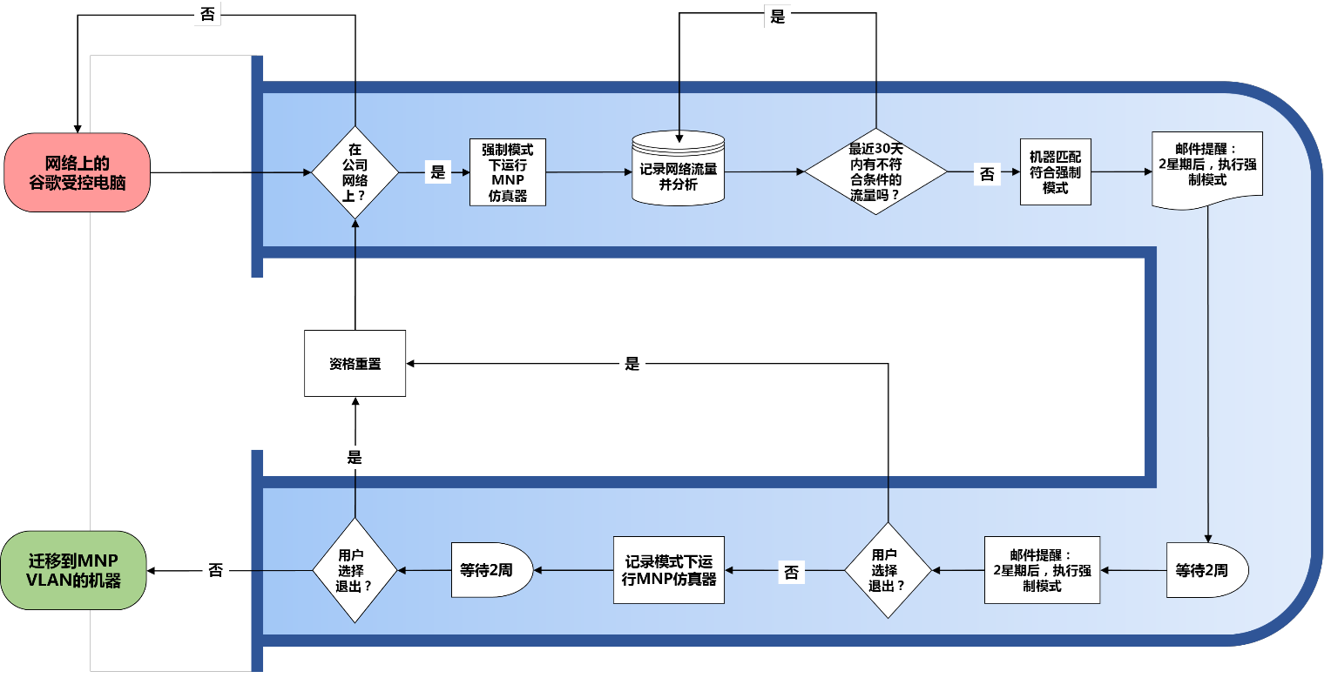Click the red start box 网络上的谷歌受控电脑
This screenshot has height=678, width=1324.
(78, 172)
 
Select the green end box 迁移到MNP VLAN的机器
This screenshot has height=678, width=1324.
(73, 571)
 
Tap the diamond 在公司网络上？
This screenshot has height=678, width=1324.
(355, 172)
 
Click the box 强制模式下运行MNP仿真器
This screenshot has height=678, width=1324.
(508, 172)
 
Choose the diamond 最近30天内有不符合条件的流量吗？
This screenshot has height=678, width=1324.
(876, 171)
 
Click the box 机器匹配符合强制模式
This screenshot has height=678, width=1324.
(1056, 171)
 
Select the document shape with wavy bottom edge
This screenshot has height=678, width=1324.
(1207, 170)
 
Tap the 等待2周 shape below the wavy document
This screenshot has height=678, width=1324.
(1207, 571)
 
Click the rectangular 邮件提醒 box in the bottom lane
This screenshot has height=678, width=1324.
(1042, 571)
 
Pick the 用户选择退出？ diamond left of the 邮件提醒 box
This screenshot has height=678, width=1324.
(888, 571)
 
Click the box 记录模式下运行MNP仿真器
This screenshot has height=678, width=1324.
(669, 571)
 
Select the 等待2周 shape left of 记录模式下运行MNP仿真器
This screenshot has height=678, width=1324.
(492, 571)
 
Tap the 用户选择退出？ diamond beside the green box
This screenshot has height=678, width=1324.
(355, 571)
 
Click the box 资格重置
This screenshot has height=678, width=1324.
(355, 363)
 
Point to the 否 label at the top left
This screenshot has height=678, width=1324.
(207, 14)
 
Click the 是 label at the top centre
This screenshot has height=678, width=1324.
(778, 16)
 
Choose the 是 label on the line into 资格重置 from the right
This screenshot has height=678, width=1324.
(632, 363)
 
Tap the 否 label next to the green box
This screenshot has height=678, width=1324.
(216, 570)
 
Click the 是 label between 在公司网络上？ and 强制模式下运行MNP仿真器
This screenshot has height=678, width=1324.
(438, 171)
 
